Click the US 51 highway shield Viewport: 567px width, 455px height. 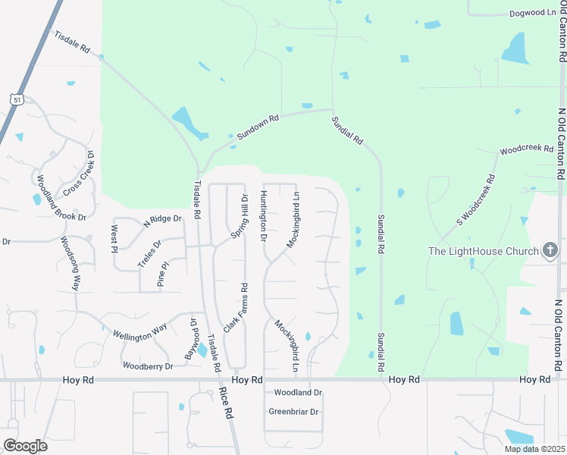pyautogui.click(x=16, y=99)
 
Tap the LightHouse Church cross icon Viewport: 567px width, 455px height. pyautogui.click(x=551, y=250)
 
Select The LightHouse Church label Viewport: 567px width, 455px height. pyautogui.click(x=484, y=251)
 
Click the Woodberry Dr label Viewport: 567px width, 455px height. pyautogui.click(x=149, y=366)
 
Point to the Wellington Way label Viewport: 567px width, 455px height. pyautogui.click(x=139, y=331)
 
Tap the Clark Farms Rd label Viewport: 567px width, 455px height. pyautogui.click(x=235, y=309)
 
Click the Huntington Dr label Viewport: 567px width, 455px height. pyautogui.click(x=263, y=216)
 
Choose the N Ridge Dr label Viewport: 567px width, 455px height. pyautogui.click(x=164, y=219)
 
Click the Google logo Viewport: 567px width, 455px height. pyautogui.click(x=25, y=446)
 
